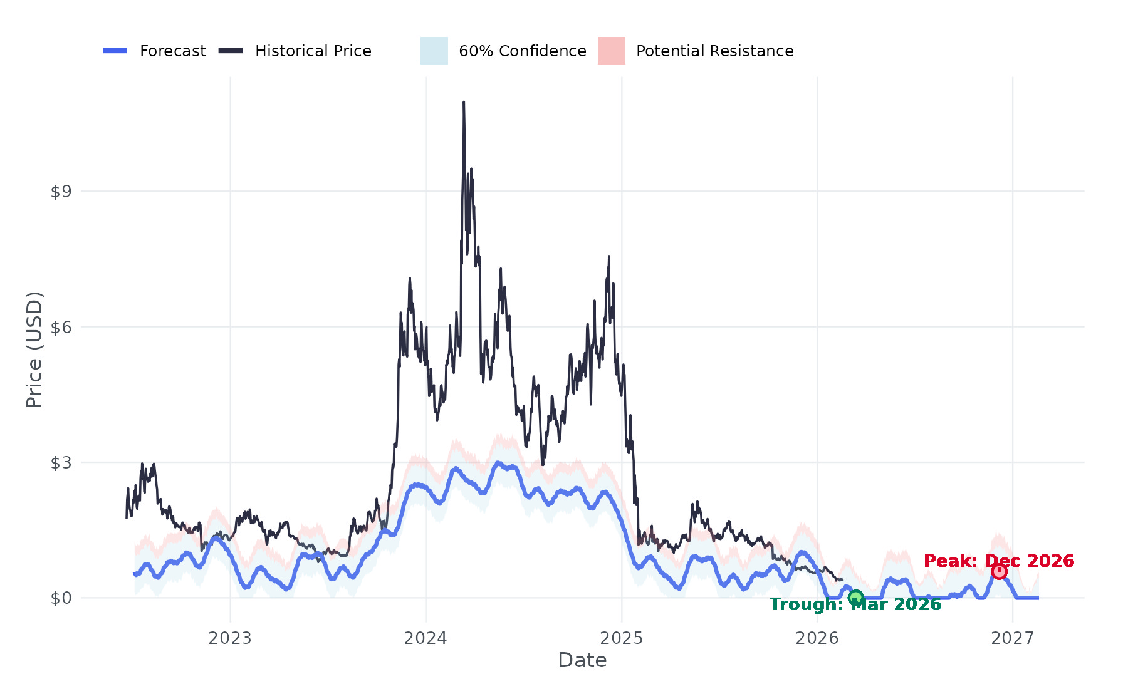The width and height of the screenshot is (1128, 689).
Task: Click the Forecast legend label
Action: (172, 51)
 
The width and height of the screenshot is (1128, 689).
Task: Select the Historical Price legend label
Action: (313, 51)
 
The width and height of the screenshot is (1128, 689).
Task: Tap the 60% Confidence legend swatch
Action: (434, 51)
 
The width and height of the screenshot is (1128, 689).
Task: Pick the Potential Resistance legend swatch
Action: (611, 51)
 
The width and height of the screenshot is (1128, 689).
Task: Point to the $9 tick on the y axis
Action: (61, 192)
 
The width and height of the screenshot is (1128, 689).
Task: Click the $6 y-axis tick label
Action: (61, 328)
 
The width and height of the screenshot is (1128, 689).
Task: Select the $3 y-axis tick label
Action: (61, 463)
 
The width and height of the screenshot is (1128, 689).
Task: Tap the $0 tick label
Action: (61, 599)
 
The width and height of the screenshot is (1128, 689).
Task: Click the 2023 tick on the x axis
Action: (230, 638)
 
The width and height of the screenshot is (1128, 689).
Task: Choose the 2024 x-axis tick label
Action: (426, 638)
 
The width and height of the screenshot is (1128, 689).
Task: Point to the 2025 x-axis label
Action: (622, 638)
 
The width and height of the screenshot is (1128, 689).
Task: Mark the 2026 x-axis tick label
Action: (817, 638)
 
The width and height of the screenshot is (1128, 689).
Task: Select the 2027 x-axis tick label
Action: (1013, 638)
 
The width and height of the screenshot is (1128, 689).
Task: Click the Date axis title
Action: (582, 660)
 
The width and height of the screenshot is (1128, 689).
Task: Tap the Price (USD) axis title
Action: (34, 350)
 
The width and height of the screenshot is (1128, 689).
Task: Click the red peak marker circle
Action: (999, 571)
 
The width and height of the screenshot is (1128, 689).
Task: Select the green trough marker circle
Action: (855, 598)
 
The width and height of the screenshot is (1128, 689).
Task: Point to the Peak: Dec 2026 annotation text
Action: (999, 561)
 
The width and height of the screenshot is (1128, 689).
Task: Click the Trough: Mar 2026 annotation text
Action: (855, 604)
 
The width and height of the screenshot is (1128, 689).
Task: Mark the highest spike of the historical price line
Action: (464, 103)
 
